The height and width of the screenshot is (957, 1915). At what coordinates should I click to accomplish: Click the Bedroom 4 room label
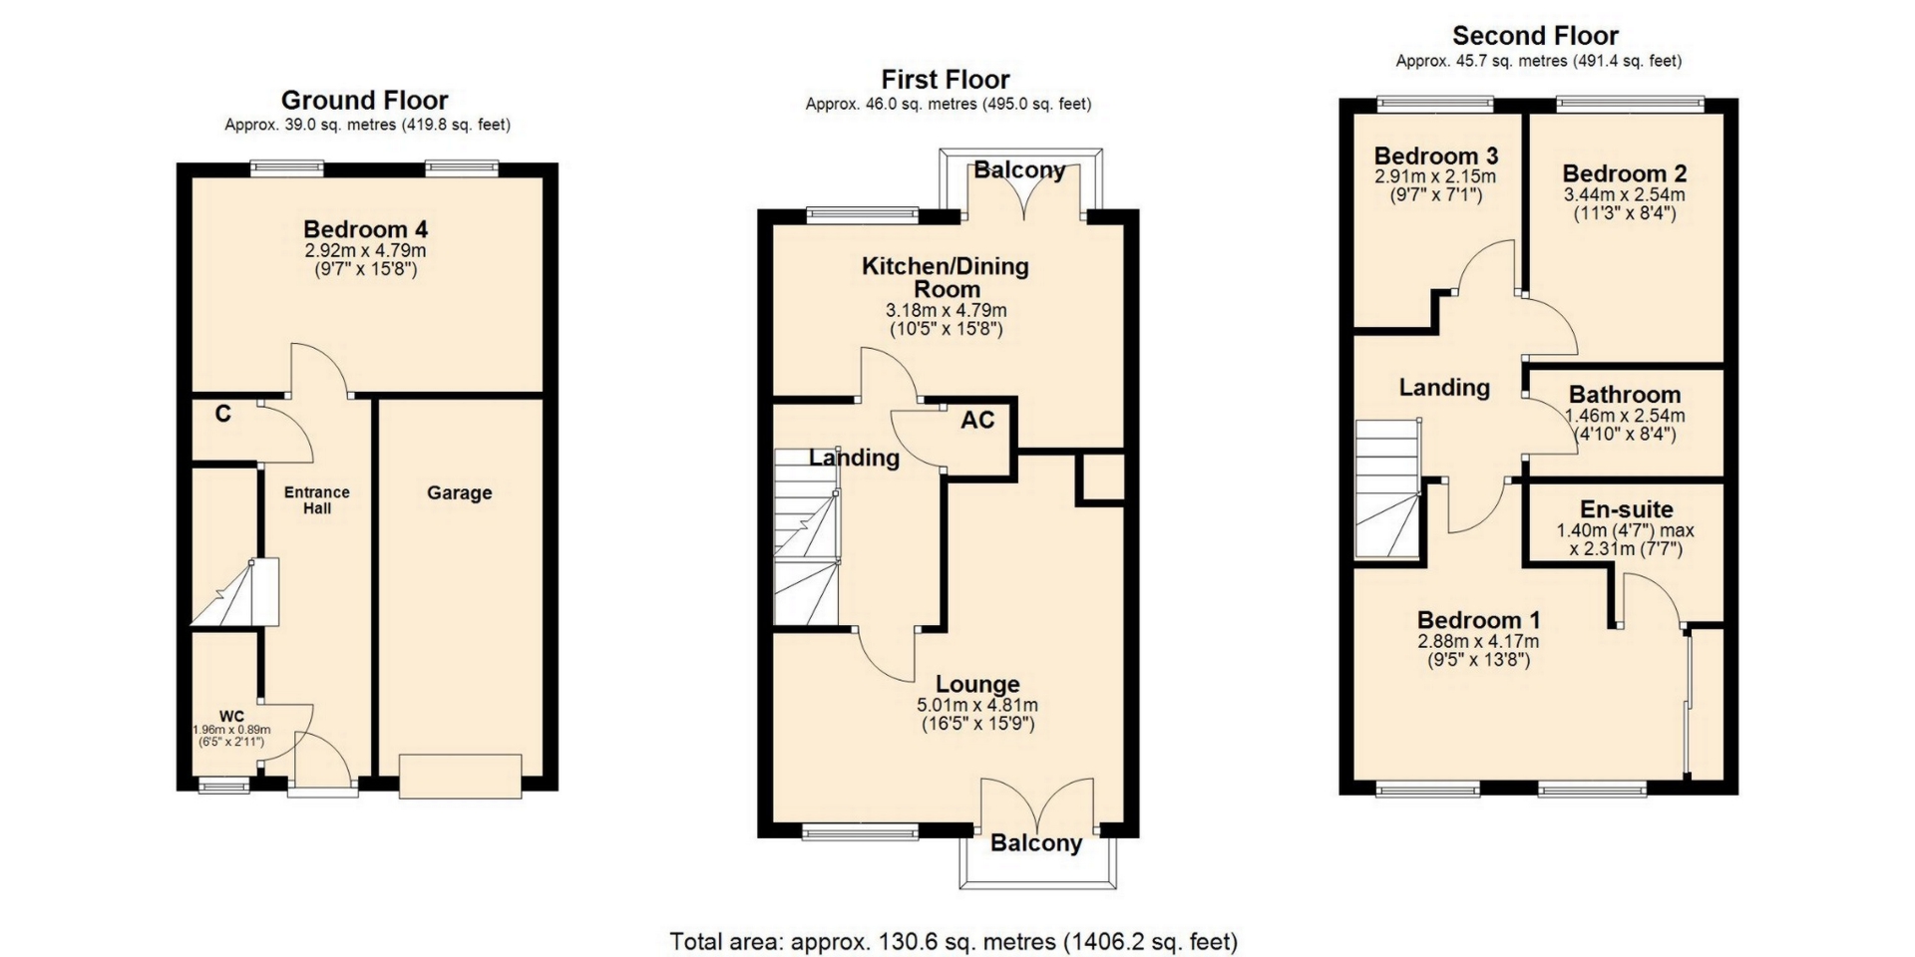pos(366,229)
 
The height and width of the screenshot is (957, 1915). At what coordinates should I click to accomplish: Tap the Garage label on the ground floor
pos(460,492)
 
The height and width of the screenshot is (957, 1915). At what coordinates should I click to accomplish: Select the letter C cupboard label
pos(223,414)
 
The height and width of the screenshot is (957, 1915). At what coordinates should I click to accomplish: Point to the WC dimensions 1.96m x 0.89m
pos(231,730)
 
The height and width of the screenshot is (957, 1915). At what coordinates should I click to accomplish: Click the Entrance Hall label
pos(317,499)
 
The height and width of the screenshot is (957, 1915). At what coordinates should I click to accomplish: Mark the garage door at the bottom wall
pos(460,776)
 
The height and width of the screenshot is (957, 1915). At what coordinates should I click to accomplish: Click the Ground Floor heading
pos(365,100)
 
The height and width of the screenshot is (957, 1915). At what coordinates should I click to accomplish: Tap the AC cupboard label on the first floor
pos(977,420)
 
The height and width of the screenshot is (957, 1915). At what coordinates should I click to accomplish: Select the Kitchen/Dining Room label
pos(946,277)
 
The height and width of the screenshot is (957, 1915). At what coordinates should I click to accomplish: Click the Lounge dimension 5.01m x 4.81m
pos(977,705)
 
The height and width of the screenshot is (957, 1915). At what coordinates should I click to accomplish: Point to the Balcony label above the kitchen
pos(1019,169)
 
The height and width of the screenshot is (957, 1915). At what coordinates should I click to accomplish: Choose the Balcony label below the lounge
pos(1036,843)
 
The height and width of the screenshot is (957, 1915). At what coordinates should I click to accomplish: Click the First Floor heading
pos(946,80)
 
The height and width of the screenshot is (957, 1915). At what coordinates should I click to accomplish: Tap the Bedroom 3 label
pos(1436,156)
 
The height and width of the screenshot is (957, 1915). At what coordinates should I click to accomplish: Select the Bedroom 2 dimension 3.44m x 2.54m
pos(1625,194)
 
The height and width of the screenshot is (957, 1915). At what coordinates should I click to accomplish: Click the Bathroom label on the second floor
pos(1625,395)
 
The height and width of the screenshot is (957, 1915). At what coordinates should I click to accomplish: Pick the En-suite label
pos(1627,509)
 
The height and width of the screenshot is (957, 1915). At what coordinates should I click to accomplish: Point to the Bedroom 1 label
pos(1478,619)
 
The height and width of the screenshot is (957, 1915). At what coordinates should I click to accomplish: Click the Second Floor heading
pos(1535,36)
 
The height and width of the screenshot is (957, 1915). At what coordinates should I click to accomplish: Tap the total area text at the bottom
pos(954,941)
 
